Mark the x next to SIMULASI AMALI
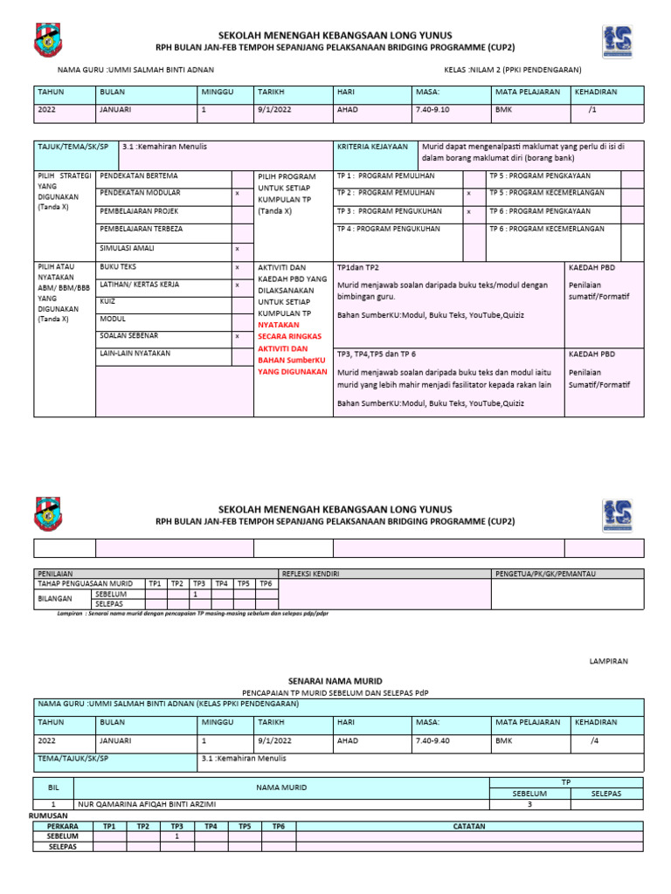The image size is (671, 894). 238,249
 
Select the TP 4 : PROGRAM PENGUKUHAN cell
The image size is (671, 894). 388,229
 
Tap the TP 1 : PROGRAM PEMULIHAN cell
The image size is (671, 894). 385,175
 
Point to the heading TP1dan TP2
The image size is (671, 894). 358,267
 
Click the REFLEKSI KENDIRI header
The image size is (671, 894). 310,573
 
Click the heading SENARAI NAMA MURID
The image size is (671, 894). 335,680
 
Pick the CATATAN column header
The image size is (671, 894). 469,825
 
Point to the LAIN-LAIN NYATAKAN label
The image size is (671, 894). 135,354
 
